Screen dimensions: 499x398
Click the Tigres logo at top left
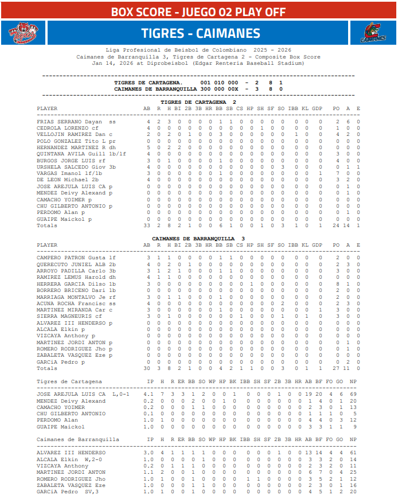pyautogui.click(x=22, y=34)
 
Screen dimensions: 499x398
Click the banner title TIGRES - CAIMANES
pyautogui.click(x=200, y=34)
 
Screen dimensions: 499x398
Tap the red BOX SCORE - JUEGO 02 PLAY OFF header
pyautogui.click(x=199, y=11)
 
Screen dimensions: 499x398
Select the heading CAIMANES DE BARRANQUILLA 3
pyautogui.click(x=198, y=238)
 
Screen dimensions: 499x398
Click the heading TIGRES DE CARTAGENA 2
pyautogui.click(x=198, y=102)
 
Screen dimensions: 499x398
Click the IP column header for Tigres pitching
pyautogui.click(x=151, y=381)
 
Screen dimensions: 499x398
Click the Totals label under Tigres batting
pyautogui.click(x=46, y=225)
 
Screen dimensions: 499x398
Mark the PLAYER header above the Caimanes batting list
pyautogui.click(x=47, y=245)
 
